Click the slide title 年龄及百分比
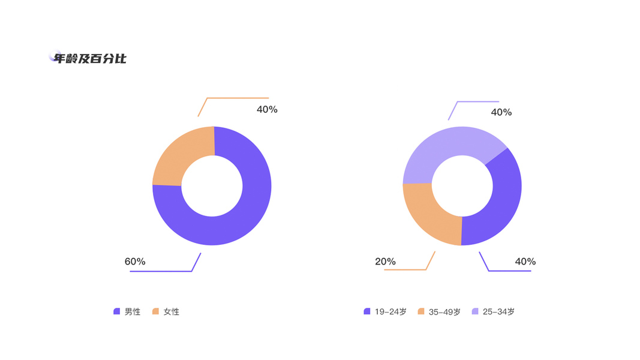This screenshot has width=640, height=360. pyautogui.click(x=90, y=58)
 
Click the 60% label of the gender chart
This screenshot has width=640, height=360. pyautogui.click(x=135, y=262)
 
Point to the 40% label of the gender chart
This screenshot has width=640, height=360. pyautogui.click(x=267, y=109)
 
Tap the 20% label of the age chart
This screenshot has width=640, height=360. pyautogui.click(x=385, y=262)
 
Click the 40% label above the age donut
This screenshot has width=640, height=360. pyautogui.click(x=501, y=112)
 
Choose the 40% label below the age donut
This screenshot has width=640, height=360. pyautogui.click(x=525, y=262)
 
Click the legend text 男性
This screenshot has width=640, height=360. pyautogui.click(x=133, y=312)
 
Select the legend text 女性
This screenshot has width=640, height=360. pyautogui.click(x=172, y=312)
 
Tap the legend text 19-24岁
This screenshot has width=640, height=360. pyautogui.click(x=390, y=312)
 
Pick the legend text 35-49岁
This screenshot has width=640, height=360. pyautogui.click(x=444, y=312)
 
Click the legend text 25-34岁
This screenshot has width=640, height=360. pyautogui.click(x=498, y=312)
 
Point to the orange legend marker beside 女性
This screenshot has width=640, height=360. pyautogui.click(x=155, y=311)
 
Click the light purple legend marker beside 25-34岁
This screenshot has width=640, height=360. pyautogui.click(x=475, y=311)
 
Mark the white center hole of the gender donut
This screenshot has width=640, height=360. pyautogui.click(x=212, y=185)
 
